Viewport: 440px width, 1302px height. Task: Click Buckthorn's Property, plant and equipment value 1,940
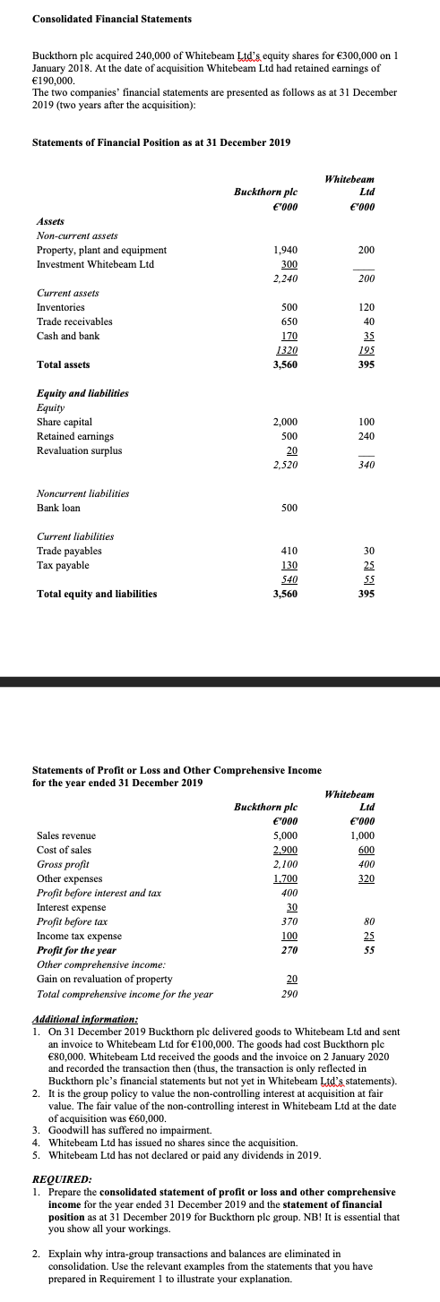click(x=284, y=250)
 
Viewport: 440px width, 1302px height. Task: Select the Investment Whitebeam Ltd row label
click(x=95, y=264)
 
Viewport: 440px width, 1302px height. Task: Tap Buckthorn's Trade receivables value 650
click(x=288, y=321)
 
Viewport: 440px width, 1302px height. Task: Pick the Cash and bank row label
click(x=68, y=336)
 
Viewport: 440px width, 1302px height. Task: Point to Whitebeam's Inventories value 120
click(x=366, y=307)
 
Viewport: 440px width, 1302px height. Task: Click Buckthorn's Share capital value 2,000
click(x=284, y=422)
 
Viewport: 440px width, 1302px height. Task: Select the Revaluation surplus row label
click(x=79, y=450)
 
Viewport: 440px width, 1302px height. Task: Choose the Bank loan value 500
click(x=288, y=508)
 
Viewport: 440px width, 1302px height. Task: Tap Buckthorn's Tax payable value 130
click(x=288, y=565)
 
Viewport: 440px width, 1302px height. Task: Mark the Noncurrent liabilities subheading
click(x=82, y=493)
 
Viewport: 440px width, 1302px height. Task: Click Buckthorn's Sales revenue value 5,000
click(x=284, y=835)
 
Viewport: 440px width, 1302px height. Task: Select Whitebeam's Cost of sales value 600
click(x=366, y=850)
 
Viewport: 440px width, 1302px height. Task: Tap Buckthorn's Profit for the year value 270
click(x=288, y=950)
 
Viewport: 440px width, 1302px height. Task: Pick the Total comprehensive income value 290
click(x=288, y=994)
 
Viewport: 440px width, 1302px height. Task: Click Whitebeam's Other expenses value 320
click(x=366, y=878)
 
